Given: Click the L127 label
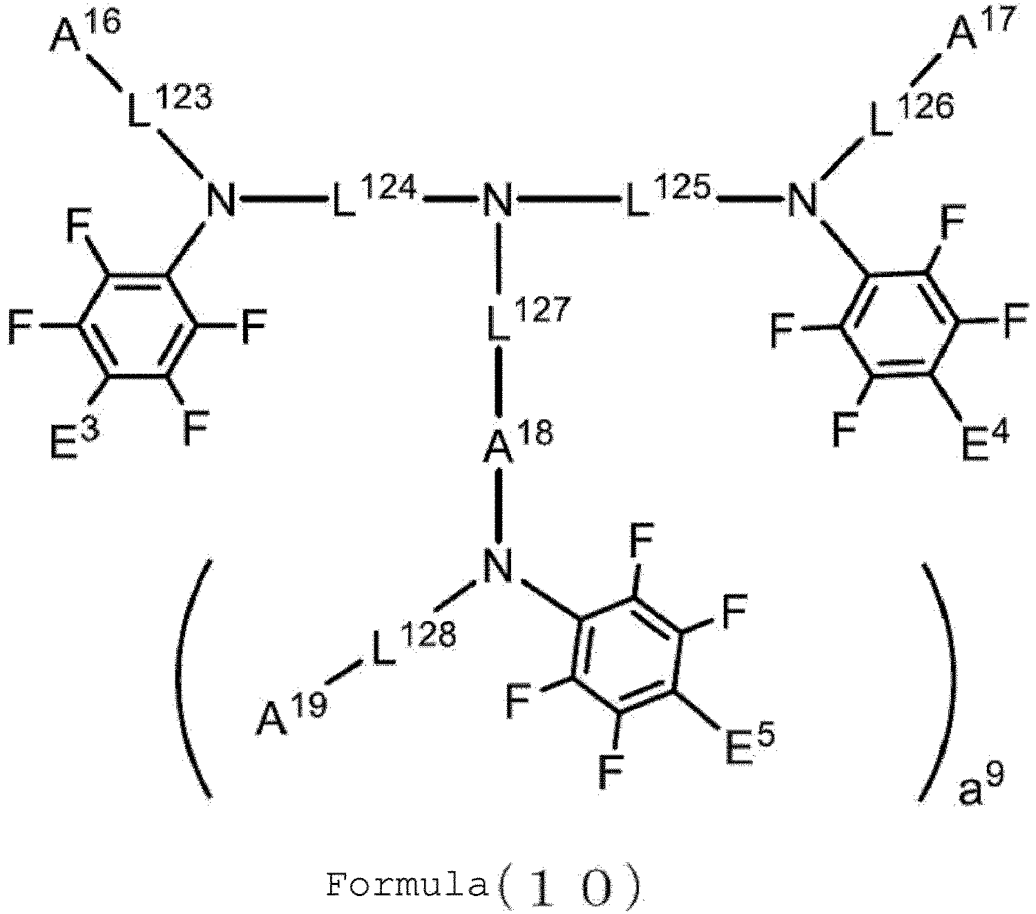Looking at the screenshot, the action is tap(528, 318).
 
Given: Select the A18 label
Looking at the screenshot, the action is tap(517, 442).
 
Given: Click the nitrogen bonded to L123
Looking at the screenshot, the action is tap(221, 200).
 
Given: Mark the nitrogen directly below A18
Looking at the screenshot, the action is tap(497, 566).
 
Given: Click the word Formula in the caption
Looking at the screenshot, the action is tap(407, 885).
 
